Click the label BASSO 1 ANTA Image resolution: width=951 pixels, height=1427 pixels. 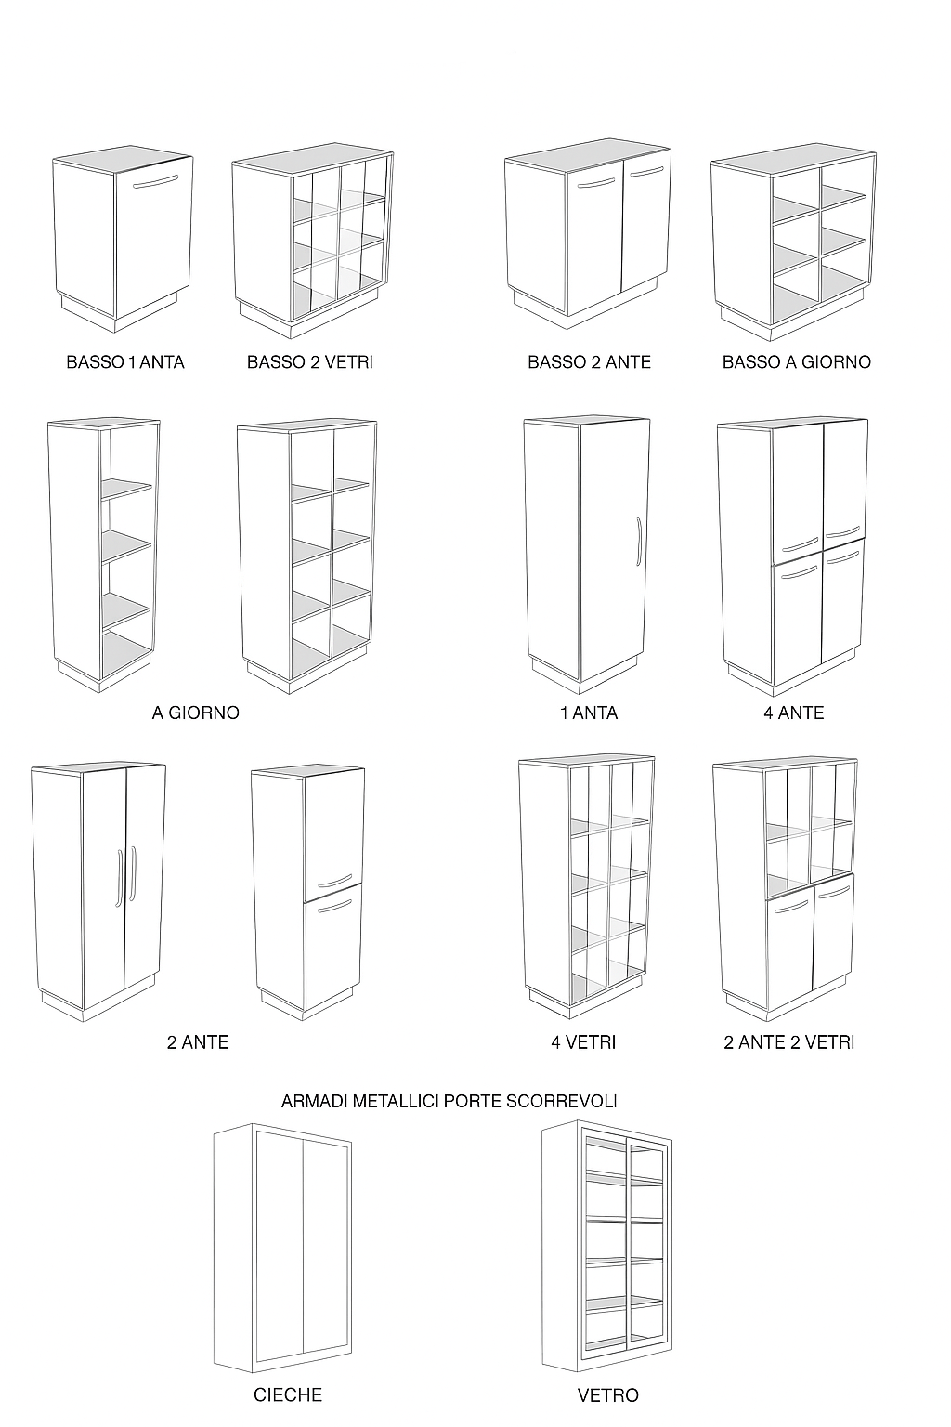tap(125, 362)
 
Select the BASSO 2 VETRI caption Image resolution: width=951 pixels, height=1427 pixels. tap(310, 362)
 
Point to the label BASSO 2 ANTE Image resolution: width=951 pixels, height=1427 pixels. tap(589, 362)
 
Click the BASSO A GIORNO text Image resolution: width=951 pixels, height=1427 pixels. tap(796, 362)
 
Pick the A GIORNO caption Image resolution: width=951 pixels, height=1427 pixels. tap(195, 713)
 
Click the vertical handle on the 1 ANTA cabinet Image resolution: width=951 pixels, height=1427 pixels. tap(638, 541)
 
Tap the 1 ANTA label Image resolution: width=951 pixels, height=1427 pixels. tap(588, 713)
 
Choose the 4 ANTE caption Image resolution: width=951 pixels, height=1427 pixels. tap(793, 713)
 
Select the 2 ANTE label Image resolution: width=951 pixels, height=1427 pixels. tap(197, 1042)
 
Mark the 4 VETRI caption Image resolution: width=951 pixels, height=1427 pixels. tap(583, 1042)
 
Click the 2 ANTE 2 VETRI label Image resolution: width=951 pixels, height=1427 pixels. tap(788, 1042)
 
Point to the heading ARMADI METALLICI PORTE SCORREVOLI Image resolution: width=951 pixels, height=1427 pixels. tap(449, 1101)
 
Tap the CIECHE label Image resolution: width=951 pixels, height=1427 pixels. tap(288, 1395)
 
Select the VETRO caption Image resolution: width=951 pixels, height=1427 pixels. tap(607, 1395)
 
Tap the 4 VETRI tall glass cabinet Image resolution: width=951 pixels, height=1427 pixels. tap(586, 883)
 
